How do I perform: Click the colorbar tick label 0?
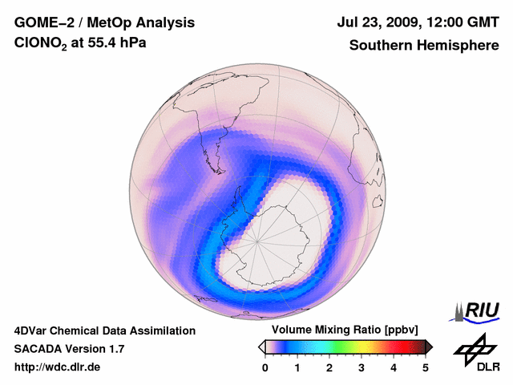pos(265,367)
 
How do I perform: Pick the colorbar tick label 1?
pos(297,367)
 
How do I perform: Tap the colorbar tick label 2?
pos(329,367)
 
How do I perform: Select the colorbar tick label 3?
pos(362,367)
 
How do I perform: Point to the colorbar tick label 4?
pos(394,367)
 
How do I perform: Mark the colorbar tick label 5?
pos(426,367)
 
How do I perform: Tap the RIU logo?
pos(478,311)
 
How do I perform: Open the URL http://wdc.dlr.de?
pos(58,367)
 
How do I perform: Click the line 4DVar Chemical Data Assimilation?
pos(104,330)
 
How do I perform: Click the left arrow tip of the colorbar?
pos(261,346)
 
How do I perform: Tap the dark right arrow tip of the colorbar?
pos(430,346)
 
